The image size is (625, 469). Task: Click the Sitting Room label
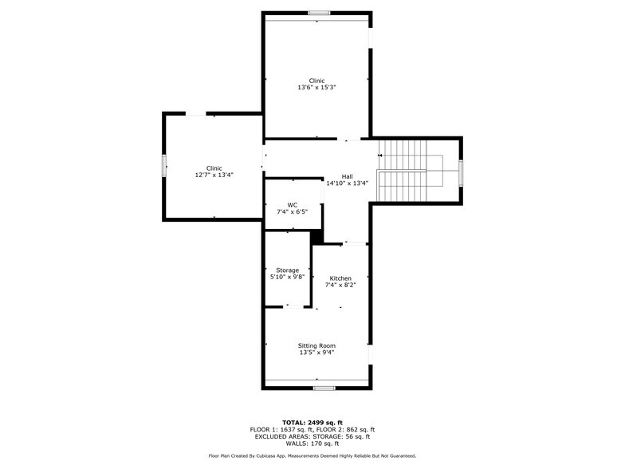(316, 345)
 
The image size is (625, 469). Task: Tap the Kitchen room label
(340, 278)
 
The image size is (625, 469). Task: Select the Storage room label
(287, 270)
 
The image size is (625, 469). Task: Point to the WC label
(292, 205)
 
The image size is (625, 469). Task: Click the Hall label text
(347, 176)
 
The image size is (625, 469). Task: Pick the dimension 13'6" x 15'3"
(316, 87)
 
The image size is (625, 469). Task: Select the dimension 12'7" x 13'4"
(214, 175)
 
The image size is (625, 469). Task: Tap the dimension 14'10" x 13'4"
(347, 183)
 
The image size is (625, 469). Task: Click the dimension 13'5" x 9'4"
(316, 352)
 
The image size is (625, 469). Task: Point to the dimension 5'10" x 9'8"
(287, 277)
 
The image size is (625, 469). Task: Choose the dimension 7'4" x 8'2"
(340, 285)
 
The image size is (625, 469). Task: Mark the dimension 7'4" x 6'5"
(292, 211)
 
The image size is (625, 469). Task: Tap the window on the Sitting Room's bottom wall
(323, 388)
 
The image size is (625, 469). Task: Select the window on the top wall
(319, 12)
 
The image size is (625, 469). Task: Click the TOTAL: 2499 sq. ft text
(312, 422)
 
